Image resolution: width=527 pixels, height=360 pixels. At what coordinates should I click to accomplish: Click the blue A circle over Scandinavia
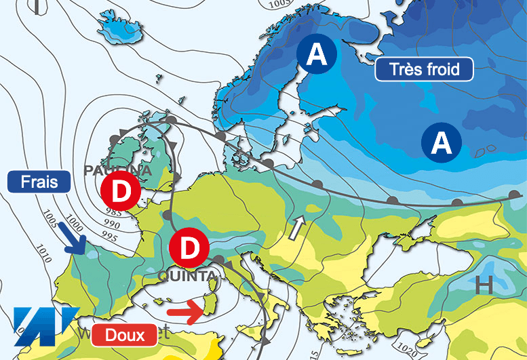317,54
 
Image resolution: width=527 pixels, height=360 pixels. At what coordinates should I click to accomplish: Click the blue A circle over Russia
442,142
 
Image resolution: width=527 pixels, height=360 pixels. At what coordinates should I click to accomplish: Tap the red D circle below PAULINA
120,192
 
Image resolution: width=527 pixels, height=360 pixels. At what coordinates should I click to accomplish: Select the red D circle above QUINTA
190,248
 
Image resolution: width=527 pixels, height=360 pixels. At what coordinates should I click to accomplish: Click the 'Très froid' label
425,68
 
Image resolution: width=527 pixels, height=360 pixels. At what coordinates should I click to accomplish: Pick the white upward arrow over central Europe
296,228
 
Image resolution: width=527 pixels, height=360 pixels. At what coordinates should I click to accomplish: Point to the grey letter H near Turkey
483,285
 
